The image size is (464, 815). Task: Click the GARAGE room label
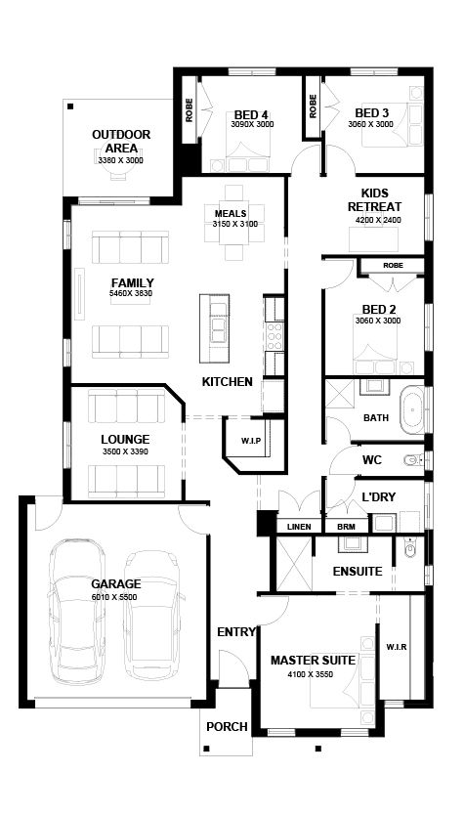(x=116, y=583)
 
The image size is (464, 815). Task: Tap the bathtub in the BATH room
(x=411, y=412)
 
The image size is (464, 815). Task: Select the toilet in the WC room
(x=414, y=459)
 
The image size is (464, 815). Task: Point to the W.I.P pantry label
(x=250, y=442)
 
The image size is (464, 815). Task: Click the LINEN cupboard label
(x=299, y=527)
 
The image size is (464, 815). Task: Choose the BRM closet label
(x=346, y=527)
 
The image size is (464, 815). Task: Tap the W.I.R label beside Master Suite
(x=396, y=647)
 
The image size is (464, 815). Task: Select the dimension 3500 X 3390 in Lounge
(x=125, y=451)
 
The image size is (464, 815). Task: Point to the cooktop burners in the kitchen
(x=274, y=336)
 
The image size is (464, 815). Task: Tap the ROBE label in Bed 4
(x=190, y=110)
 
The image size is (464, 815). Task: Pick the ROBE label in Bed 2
(x=393, y=266)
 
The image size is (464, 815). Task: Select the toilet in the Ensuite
(x=410, y=548)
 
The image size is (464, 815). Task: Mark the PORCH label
(x=227, y=727)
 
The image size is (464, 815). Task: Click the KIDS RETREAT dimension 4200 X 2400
(x=378, y=220)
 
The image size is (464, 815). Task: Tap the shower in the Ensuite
(x=294, y=564)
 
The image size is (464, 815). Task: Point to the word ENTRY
(x=236, y=632)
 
